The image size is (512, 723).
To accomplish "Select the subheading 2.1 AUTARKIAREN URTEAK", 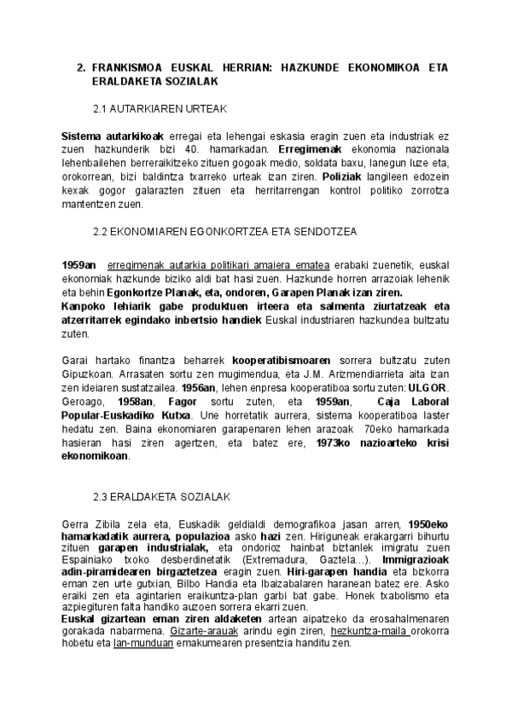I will click(159, 110).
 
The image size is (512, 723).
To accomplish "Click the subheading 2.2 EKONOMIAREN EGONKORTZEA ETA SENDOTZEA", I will click(224, 231).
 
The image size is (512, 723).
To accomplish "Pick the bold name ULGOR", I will click(429, 388).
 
